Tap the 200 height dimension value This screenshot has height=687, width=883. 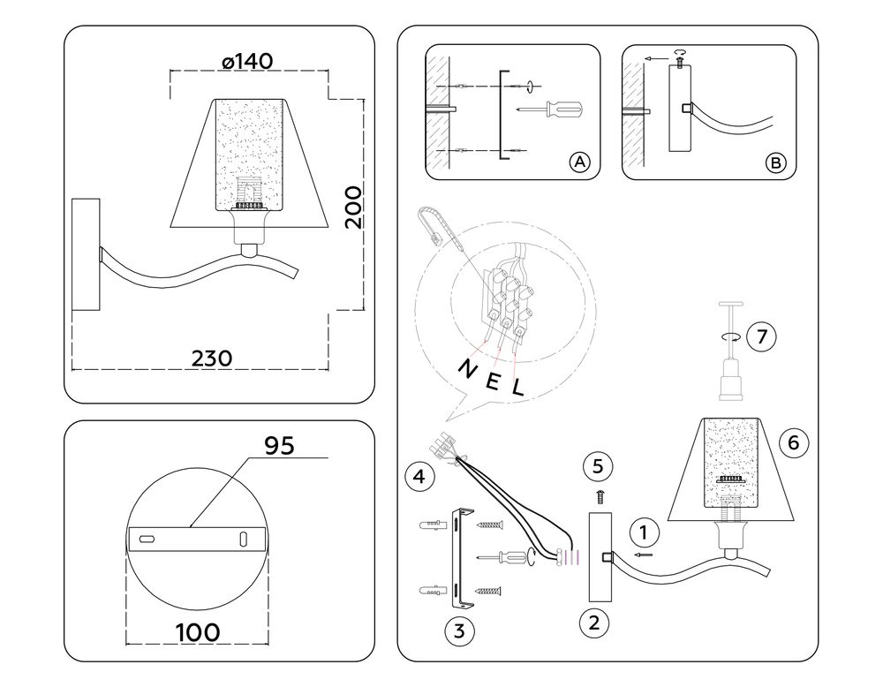[x=353, y=208]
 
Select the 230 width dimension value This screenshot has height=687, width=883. [x=212, y=358]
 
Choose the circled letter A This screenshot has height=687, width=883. [x=578, y=162]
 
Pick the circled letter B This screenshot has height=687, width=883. [x=774, y=162]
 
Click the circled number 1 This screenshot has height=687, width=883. [x=645, y=532]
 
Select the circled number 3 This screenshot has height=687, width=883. [x=458, y=630]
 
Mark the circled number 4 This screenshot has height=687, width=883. [x=419, y=478]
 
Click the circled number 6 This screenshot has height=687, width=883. [x=792, y=442]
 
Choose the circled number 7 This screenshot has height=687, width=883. [x=760, y=336]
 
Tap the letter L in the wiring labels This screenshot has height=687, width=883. [x=518, y=387]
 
